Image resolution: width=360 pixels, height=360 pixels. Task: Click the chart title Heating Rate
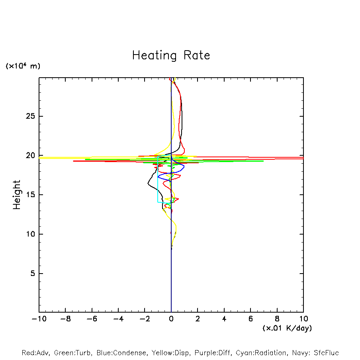click(171, 55)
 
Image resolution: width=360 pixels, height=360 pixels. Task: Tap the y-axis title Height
click(17, 195)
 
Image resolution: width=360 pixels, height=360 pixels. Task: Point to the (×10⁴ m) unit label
click(23, 66)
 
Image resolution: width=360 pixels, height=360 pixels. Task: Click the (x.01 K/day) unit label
click(287, 328)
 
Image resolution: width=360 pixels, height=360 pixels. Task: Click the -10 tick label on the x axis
click(39, 319)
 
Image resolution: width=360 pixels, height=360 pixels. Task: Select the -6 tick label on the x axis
click(92, 319)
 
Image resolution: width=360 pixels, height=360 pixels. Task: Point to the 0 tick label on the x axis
click(171, 319)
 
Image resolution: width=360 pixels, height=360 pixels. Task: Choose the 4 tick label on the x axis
click(224, 319)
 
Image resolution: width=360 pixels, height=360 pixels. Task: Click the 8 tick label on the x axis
click(277, 319)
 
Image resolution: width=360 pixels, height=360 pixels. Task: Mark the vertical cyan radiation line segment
click(158, 179)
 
